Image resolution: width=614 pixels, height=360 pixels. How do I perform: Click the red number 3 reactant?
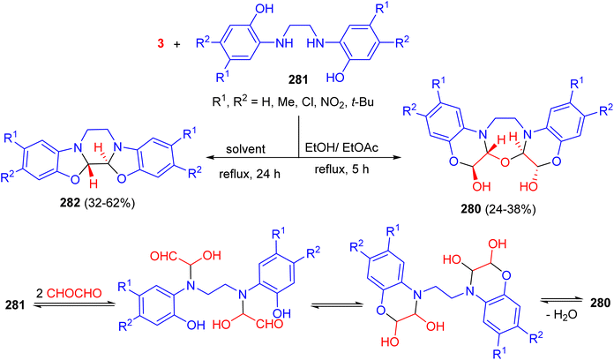click(x=161, y=43)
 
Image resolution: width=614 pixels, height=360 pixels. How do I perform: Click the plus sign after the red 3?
click(x=177, y=44)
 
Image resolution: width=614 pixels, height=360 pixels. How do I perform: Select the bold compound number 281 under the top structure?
click(x=298, y=80)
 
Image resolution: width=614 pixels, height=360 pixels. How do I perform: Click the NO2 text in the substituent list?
click(x=332, y=103)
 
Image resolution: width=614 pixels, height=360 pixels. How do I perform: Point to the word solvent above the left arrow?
click(x=246, y=149)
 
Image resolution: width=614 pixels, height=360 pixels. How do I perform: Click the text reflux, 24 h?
click(x=250, y=174)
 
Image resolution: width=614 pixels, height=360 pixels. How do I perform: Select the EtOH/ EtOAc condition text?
click(x=341, y=148)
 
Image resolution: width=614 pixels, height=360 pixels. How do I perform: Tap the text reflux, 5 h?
click(x=342, y=170)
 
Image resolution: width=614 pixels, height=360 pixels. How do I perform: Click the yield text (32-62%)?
click(x=109, y=203)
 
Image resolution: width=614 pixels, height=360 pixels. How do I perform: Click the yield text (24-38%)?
click(x=510, y=209)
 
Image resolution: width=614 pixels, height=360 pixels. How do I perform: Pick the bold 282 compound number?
click(x=70, y=203)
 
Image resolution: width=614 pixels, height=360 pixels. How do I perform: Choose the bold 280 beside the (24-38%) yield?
click(x=471, y=209)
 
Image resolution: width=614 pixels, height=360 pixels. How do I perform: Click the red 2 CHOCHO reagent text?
click(x=69, y=293)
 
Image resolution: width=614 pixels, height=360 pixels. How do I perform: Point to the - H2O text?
click(x=562, y=315)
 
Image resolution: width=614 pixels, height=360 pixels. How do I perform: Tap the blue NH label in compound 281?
click(x=284, y=43)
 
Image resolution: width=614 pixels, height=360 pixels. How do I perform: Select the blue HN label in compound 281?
click(x=316, y=43)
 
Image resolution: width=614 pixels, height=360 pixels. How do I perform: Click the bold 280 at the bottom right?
click(x=600, y=303)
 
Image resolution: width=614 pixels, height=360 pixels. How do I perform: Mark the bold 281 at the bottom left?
click(x=15, y=304)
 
